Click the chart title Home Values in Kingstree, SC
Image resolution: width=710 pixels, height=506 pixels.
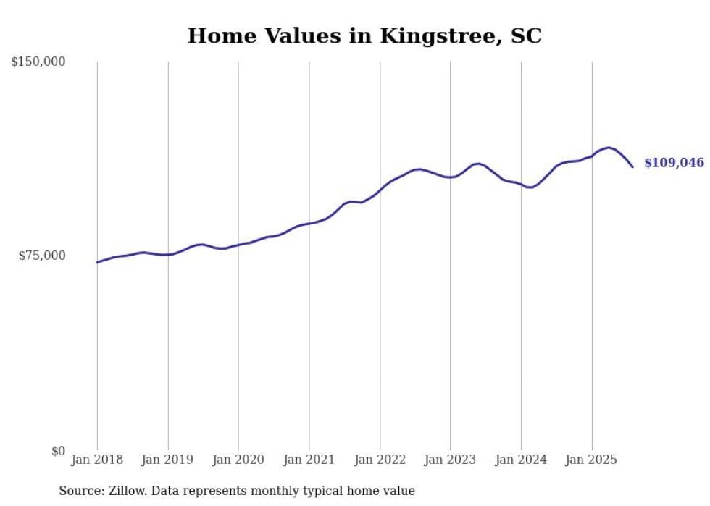point(364,35)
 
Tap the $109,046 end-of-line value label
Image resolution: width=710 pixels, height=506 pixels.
point(674,163)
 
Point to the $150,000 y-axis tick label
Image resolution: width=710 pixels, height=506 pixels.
point(38,62)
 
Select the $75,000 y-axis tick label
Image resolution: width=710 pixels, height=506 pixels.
point(42,256)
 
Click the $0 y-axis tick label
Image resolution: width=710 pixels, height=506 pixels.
point(58,451)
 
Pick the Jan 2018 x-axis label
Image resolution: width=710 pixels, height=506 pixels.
point(97,460)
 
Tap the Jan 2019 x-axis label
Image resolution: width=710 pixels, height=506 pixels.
point(168,460)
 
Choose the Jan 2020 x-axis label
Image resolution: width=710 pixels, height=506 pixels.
point(238,460)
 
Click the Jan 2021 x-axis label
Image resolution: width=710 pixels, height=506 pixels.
point(309,460)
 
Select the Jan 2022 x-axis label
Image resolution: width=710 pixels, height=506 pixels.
point(380,460)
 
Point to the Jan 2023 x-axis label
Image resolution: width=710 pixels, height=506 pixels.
point(450,460)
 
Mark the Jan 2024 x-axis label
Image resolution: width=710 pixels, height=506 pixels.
point(521,460)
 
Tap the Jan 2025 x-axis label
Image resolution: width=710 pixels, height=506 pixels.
point(591,460)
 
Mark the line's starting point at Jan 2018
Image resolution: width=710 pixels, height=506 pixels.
point(97,262)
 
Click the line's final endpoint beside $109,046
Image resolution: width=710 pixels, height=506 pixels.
point(632,167)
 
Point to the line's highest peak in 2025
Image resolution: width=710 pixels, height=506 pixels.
point(609,147)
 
